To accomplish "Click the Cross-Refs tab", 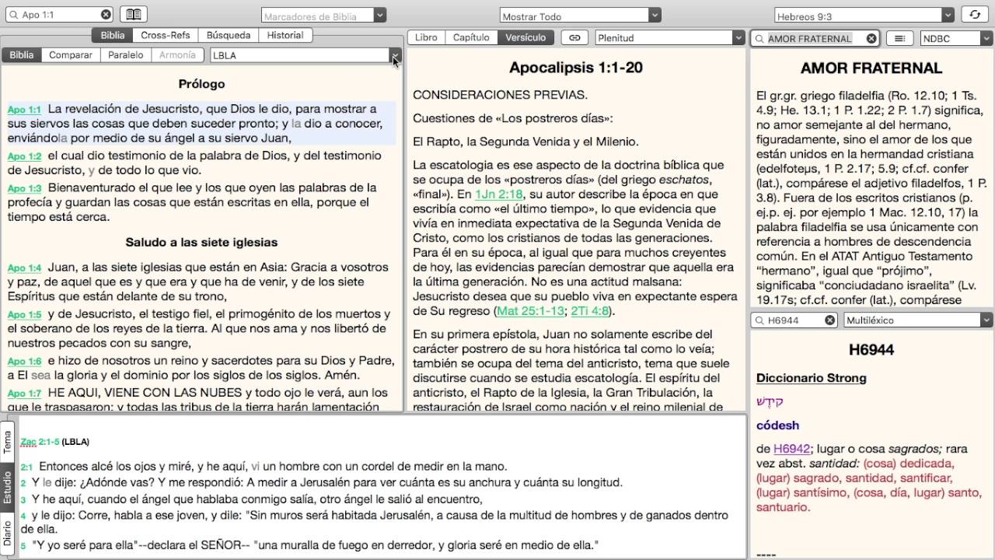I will click(x=166, y=35).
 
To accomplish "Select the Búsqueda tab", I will click(x=229, y=35).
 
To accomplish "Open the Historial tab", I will click(x=285, y=35).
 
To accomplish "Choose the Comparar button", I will click(x=71, y=55).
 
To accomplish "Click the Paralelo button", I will click(x=125, y=55).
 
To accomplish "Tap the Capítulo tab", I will click(x=471, y=37).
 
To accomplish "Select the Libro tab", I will click(x=426, y=37).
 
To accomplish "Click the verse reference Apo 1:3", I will click(x=24, y=188).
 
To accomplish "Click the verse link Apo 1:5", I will click(x=24, y=315).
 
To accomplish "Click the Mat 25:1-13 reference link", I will click(x=530, y=311).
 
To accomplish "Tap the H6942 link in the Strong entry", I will click(x=791, y=449).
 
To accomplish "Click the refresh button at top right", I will click(x=973, y=15).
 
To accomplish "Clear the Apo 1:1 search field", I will click(x=106, y=15).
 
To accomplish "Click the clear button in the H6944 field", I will click(x=829, y=320).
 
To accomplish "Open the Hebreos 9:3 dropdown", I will click(x=948, y=16).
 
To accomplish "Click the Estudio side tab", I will click(x=8, y=487).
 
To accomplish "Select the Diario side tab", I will click(x=8, y=534).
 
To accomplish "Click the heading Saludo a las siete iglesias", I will click(x=201, y=242).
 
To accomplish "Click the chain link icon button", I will click(x=574, y=37).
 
